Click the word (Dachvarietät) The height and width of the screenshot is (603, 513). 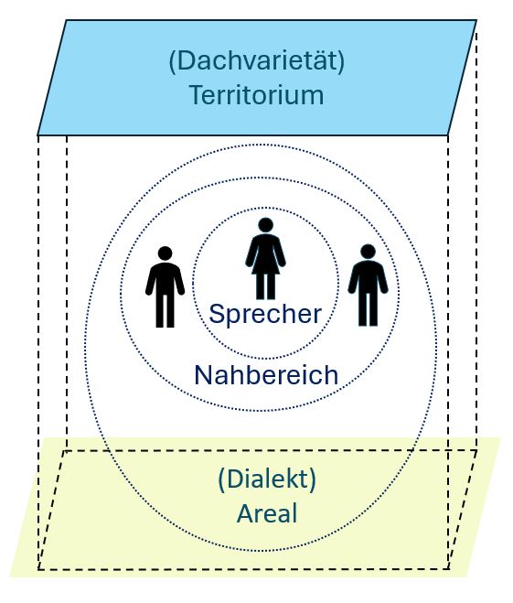[x=257, y=61]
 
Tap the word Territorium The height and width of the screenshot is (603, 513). [x=257, y=95]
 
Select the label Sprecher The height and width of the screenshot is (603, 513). [x=265, y=314]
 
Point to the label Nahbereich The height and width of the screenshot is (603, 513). [x=266, y=375]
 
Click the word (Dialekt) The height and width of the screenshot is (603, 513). [x=267, y=479]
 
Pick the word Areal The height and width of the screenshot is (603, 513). [x=267, y=513]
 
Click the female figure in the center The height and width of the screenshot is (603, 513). [x=265, y=258]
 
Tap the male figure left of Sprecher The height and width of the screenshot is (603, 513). [x=166, y=287]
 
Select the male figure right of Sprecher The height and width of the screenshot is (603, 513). [x=369, y=285]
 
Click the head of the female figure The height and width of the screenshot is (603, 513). [x=265, y=225]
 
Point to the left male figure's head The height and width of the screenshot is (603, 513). [x=166, y=253]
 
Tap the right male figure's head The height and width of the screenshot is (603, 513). [x=369, y=252]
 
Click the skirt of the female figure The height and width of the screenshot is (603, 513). [x=265, y=265]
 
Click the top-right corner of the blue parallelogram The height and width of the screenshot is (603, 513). [x=476, y=20]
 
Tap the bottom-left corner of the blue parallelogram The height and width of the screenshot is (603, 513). [x=37, y=135]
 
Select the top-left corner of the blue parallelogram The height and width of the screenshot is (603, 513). [x=66, y=20]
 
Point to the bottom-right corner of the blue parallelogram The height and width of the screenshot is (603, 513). [x=448, y=135]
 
